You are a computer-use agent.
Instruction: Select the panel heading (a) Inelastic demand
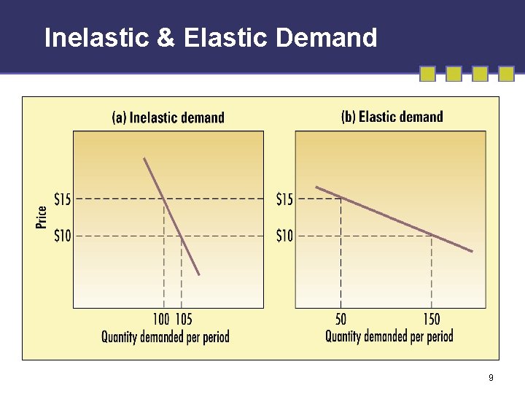click(168, 117)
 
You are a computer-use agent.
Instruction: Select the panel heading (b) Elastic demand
click(392, 117)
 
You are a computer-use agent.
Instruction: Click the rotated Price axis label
click(42, 217)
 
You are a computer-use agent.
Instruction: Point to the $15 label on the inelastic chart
click(63, 198)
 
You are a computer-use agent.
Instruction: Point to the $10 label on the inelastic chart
click(63, 236)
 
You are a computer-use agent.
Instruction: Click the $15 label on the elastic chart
click(284, 198)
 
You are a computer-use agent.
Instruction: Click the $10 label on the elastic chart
click(284, 236)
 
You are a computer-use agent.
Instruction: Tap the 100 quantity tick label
click(160, 319)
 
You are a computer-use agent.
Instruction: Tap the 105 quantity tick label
click(184, 319)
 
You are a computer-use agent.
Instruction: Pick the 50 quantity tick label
click(341, 319)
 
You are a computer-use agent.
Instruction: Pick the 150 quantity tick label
click(431, 319)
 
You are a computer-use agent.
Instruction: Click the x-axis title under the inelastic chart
click(165, 336)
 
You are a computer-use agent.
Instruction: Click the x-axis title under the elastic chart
click(389, 336)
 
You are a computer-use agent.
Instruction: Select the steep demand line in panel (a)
click(171, 216)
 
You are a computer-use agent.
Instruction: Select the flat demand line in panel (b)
click(394, 219)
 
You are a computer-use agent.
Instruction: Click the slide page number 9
click(491, 377)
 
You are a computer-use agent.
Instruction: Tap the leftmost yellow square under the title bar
click(427, 74)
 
